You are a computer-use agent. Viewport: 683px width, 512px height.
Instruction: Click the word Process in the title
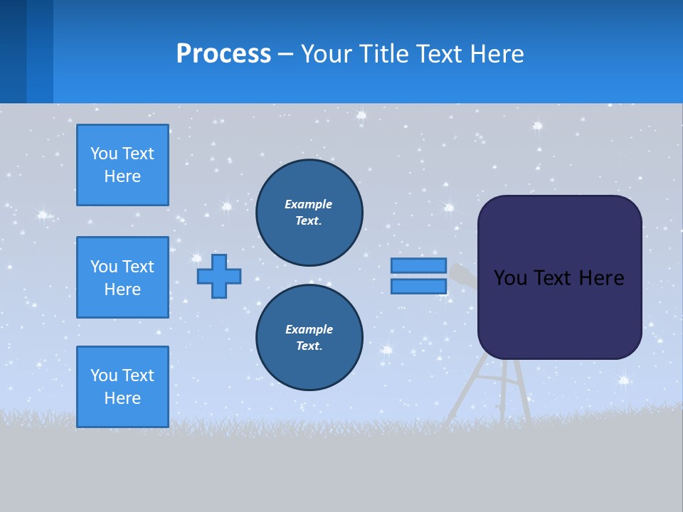tap(223, 54)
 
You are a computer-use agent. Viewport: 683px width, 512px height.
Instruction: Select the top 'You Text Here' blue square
tap(122, 165)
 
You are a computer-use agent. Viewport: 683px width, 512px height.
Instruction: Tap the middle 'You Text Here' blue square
tap(122, 277)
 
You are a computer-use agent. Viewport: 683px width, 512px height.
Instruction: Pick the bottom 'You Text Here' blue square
tap(122, 387)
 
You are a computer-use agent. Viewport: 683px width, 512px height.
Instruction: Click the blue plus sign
tap(219, 276)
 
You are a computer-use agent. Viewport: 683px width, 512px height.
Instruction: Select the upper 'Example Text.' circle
tap(309, 213)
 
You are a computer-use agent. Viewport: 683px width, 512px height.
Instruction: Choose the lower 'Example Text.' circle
tap(309, 338)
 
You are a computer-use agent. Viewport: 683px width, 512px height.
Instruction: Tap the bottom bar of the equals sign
tap(418, 287)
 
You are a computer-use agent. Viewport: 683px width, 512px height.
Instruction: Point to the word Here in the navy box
tap(601, 278)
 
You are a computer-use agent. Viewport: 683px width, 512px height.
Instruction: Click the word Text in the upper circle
tap(308, 221)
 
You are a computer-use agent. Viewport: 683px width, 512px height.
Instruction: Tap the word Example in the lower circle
tap(309, 329)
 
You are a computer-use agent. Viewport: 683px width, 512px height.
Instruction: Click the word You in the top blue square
tap(103, 154)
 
